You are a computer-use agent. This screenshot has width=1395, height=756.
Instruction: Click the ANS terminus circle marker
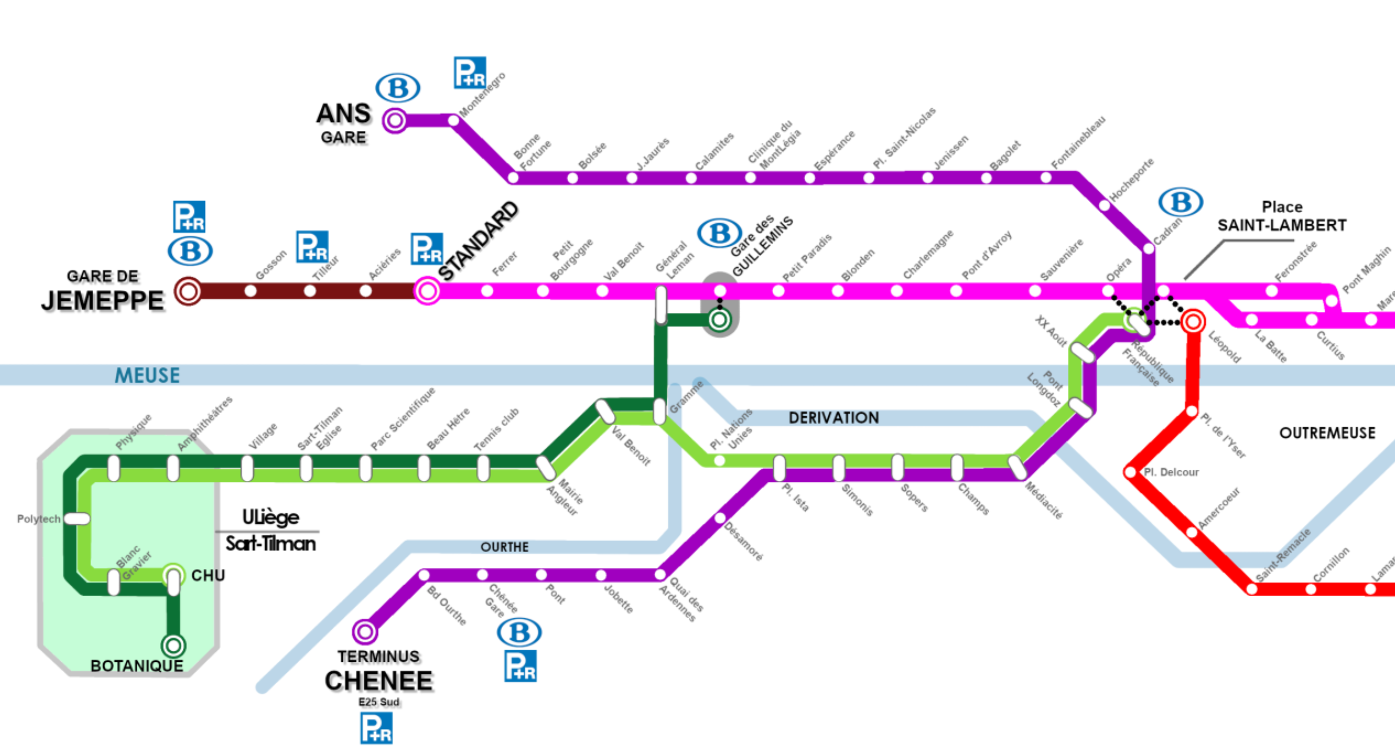(x=395, y=120)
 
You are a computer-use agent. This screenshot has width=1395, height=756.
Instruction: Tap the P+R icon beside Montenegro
(x=470, y=73)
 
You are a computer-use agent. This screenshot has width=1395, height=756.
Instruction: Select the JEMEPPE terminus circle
(x=188, y=292)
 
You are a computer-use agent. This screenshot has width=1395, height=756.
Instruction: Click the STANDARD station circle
(x=427, y=291)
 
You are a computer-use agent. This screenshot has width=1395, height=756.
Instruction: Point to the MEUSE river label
(x=147, y=375)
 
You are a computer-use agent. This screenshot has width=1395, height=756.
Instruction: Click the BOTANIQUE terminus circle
(x=173, y=645)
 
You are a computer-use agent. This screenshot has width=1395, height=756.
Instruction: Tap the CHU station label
(x=208, y=576)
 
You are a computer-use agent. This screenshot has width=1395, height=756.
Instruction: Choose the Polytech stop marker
(x=77, y=519)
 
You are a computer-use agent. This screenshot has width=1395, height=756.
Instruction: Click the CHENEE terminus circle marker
(x=364, y=632)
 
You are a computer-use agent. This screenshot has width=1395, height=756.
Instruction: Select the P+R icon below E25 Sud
(x=376, y=728)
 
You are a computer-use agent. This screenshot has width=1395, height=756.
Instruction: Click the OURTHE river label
(x=504, y=547)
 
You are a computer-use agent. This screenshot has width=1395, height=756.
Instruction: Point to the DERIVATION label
(x=833, y=418)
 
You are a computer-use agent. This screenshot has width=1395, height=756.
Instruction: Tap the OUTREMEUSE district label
(x=1327, y=433)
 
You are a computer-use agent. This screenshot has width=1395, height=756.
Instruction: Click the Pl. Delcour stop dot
(x=1131, y=473)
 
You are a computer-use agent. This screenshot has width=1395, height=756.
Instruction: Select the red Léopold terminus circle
(x=1193, y=322)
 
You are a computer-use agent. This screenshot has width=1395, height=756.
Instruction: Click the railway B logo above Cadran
(x=1181, y=203)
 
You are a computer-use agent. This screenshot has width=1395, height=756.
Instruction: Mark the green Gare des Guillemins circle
(x=719, y=320)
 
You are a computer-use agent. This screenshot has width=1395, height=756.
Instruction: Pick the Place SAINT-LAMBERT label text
(x=1282, y=216)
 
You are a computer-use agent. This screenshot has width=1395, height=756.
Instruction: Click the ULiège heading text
(x=270, y=517)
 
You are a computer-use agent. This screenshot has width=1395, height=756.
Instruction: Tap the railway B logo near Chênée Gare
(x=519, y=633)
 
